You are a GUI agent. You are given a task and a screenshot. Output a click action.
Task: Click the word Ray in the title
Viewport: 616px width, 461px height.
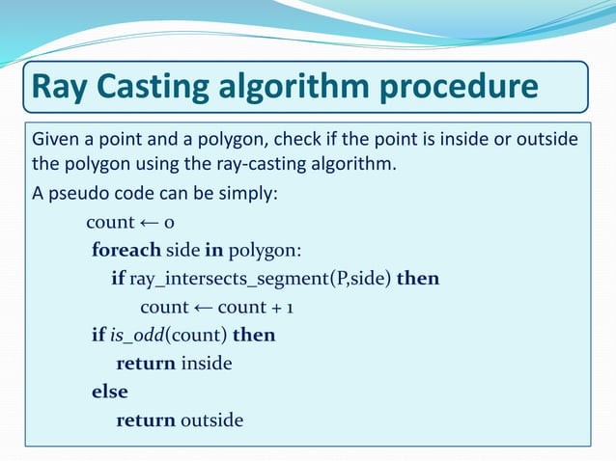pyautogui.click(x=62, y=87)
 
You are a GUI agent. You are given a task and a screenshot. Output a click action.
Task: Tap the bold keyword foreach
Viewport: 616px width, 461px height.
pyautogui.click(x=126, y=251)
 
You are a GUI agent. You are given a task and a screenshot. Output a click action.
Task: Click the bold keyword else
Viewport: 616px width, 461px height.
pyautogui.click(x=109, y=393)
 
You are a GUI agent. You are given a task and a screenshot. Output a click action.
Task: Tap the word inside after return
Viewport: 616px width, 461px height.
pyautogui.click(x=207, y=365)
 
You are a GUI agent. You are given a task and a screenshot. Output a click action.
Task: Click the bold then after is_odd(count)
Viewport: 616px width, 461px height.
pyautogui.click(x=254, y=336)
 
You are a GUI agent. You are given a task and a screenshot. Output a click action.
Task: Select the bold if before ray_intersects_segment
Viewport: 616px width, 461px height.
pyautogui.click(x=118, y=279)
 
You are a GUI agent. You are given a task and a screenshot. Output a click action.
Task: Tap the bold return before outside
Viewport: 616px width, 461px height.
pyautogui.click(x=146, y=420)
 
